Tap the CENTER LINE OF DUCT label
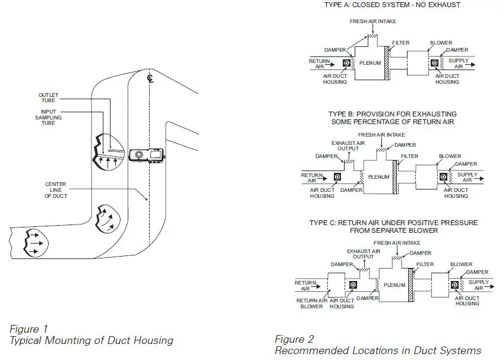56,190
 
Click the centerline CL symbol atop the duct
150,77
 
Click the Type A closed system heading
393,5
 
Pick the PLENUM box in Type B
378,176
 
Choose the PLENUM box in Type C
394,285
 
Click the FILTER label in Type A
401,43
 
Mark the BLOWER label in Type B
450,157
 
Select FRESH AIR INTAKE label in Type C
397,243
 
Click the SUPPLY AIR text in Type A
458,63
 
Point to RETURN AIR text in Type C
307,285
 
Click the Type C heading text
393,226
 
